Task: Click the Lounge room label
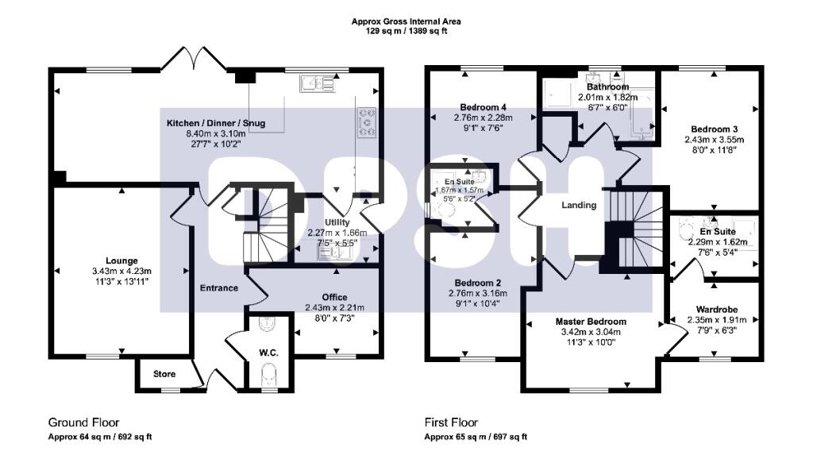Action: (x=122, y=260)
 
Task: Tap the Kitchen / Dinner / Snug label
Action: (x=215, y=123)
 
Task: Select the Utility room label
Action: (x=337, y=222)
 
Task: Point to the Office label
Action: (x=334, y=297)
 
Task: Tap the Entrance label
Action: (x=218, y=287)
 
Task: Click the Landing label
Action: (x=579, y=205)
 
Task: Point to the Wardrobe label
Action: (x=712, y=310)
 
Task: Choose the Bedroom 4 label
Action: (x=483, y=107)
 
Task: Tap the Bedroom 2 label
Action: (x=477, y=283)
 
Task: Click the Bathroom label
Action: (x=607, y=87)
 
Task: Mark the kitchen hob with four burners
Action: (x=368, y=123)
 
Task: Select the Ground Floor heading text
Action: (x=83, y=422)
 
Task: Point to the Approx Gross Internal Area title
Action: (x=406, y=21)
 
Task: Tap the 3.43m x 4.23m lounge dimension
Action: (x=122, y=271)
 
